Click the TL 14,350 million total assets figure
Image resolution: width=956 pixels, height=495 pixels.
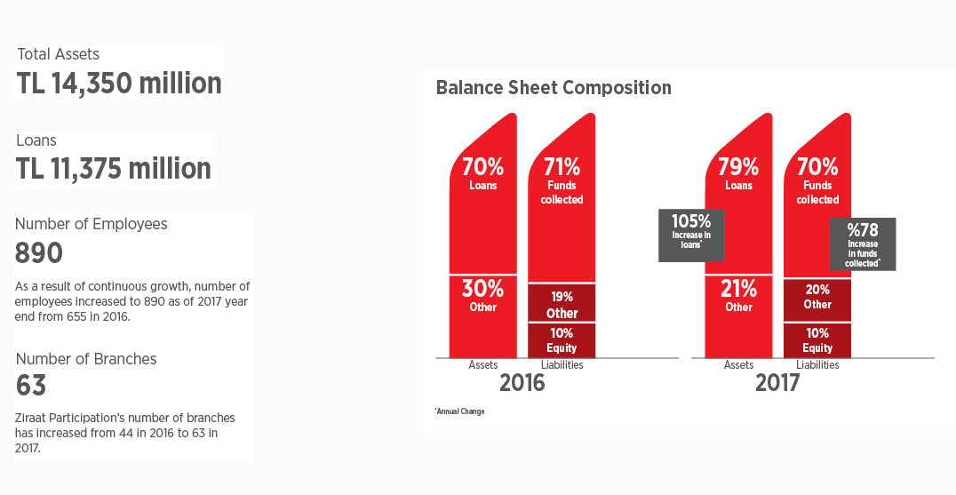[x=119, y=84]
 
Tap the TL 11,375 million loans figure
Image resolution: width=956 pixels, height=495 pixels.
[x=114, y=168]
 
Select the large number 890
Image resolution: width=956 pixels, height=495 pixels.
[x=38, y=253]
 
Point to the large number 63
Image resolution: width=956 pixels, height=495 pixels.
[x=31, y=386]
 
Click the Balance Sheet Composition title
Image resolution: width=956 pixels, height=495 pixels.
[x=554, y=88]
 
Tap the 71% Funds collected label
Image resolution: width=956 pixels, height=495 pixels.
[x=562, y=180]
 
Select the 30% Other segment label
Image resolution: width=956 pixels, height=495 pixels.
[x=482, y=296]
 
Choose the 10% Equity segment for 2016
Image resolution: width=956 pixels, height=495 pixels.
[x=562, y=340]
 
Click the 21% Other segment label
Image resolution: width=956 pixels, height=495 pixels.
[x=738, y=296]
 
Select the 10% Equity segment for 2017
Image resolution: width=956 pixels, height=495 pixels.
[x=817, y=340]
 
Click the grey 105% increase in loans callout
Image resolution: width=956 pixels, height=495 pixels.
[x=691, y=236]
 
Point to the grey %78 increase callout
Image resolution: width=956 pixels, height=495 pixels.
[x=863, y=244]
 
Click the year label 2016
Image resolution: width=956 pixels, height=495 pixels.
[x=522, y=383]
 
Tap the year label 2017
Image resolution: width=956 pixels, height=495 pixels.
[x=777, y=383]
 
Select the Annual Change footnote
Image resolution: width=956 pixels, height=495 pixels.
[x=459, y=411]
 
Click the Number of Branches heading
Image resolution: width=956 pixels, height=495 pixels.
[x=86, y=359]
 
